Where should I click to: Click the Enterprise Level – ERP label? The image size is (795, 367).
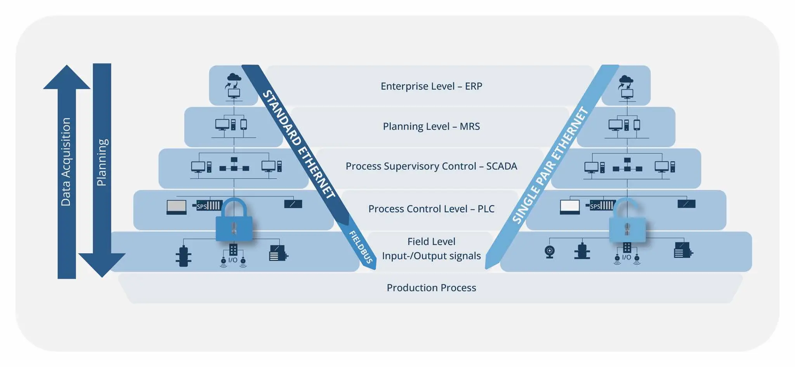(431, 86)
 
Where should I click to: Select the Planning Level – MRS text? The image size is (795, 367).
(431, 127)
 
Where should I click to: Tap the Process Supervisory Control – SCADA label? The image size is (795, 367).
(431, 166)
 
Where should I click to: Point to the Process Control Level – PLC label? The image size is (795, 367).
(431, 209)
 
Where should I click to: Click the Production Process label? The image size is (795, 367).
(431, 288)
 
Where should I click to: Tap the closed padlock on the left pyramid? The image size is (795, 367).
(234, 221)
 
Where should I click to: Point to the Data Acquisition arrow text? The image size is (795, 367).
(66, 162)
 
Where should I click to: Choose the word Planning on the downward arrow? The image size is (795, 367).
(102, 162)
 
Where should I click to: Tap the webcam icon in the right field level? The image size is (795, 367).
(550, 252)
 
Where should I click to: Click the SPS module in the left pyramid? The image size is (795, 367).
(209, 205)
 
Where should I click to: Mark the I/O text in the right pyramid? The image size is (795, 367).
(627, 257)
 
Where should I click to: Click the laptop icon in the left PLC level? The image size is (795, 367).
(176, 207)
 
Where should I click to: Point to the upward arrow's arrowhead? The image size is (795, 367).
(67, 78)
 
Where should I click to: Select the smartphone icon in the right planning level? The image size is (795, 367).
(637, 125)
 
